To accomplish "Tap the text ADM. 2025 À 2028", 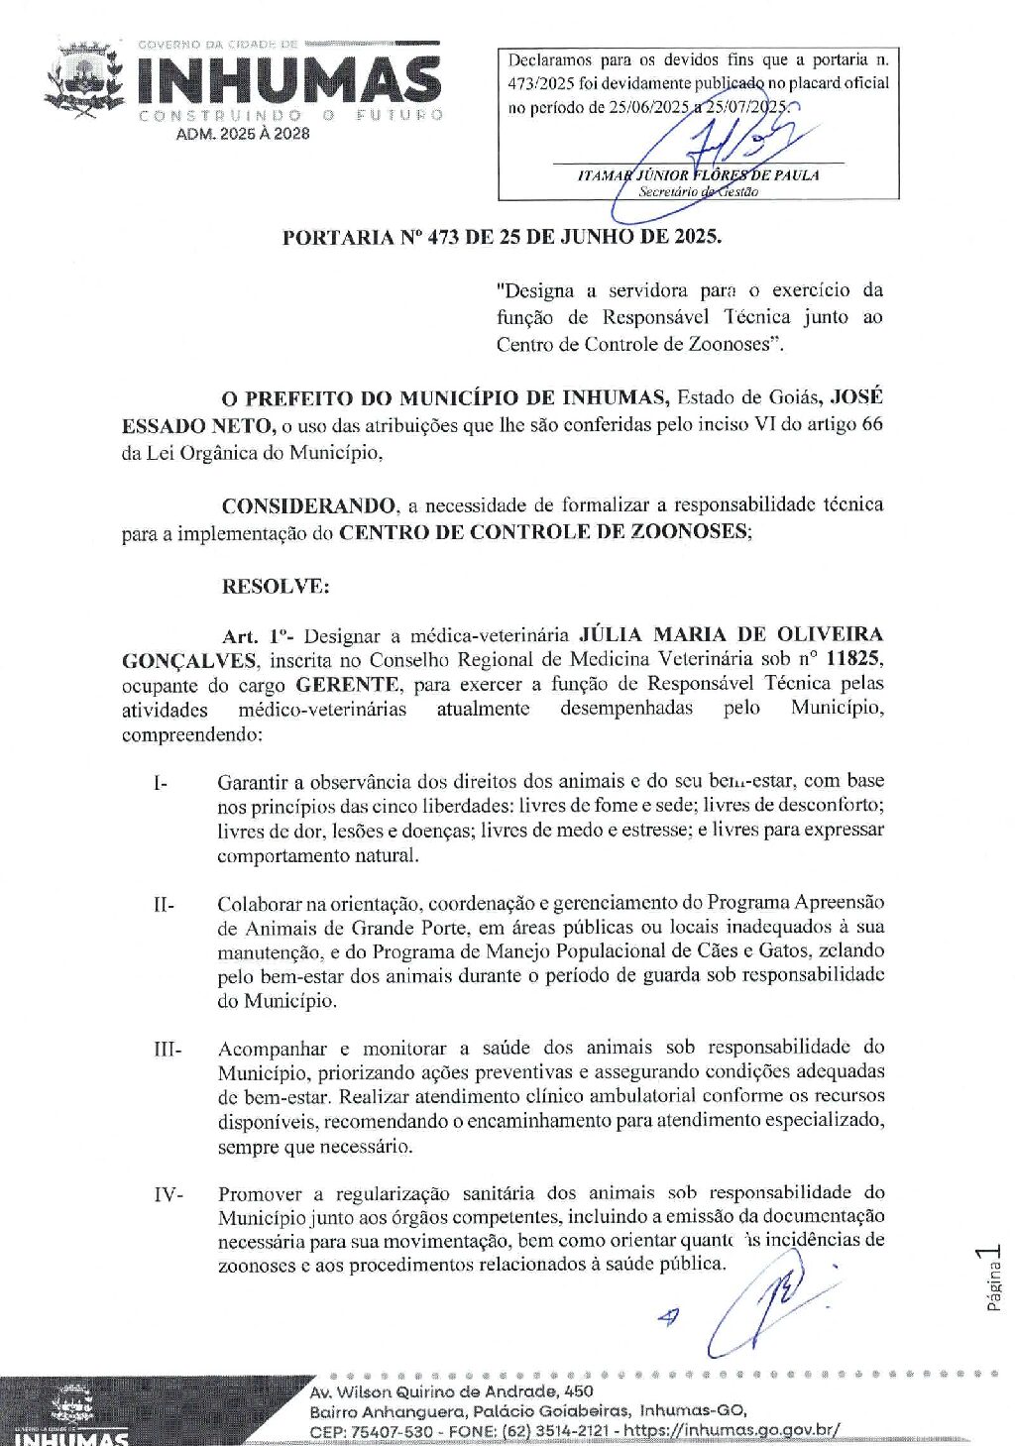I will [243, 134].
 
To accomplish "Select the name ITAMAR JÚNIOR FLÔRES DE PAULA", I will [698, 175].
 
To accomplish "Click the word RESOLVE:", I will [275, 586].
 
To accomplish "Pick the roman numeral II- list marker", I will [164, 904].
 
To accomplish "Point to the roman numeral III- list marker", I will [167, 1049].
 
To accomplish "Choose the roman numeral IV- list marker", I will [168, 1194].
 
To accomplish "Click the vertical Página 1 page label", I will [994, 1279].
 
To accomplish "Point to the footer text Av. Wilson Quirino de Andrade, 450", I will [451, 1391].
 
